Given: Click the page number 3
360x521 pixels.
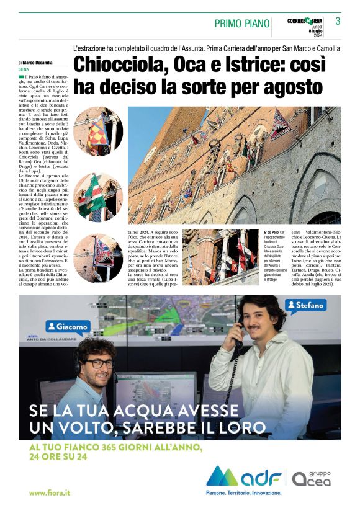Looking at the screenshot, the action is click(338, 21).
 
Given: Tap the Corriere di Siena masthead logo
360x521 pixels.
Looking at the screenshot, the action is click(306, 21).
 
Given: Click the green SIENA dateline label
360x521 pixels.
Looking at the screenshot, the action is click(24, 69).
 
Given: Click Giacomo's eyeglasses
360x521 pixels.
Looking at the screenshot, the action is click(99, 364).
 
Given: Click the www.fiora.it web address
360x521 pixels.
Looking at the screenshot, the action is click(50, 492).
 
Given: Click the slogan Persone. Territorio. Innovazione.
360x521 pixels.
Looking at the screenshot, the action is click(257, 492).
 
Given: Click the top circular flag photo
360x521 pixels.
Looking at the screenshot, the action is click(97, 132).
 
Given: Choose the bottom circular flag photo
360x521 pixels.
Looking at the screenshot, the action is click(97, 259).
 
